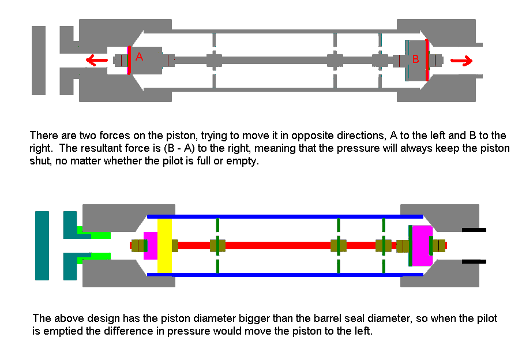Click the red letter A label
point(139,57)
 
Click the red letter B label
point(415,59)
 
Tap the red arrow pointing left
point(95,59)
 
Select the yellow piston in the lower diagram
point(164,246)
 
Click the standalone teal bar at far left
point(42,245)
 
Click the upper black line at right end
point(474,230)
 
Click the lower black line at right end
point(474,261)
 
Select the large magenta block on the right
point(422,245)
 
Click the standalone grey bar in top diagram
point(39,60)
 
